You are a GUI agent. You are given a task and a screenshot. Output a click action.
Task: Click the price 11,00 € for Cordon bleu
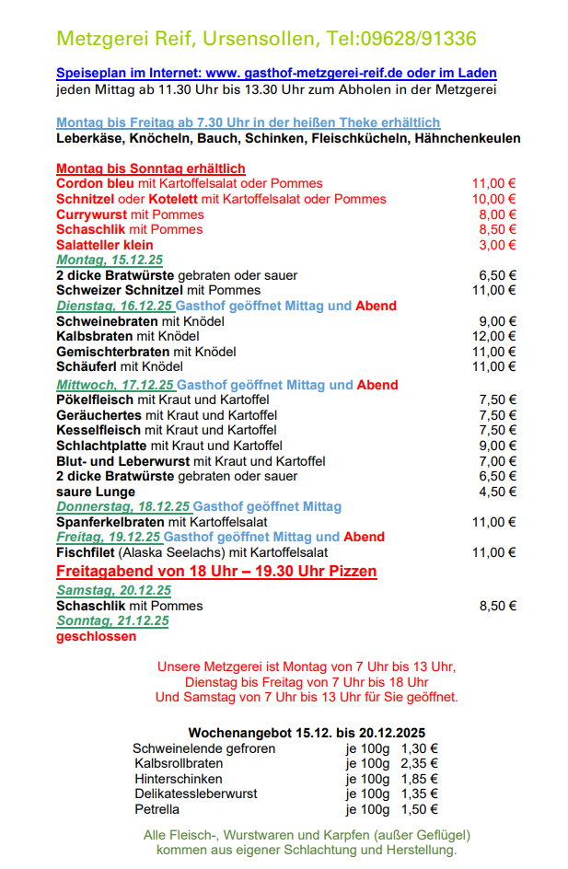coord(494,184)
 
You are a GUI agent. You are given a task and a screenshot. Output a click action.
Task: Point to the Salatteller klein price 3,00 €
coord(497,245)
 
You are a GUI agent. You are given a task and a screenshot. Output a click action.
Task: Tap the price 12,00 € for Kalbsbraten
coord(494,337)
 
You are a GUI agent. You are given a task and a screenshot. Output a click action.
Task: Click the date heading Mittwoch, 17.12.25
coord(114,385)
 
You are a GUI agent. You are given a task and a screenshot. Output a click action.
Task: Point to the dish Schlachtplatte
coord(101,446)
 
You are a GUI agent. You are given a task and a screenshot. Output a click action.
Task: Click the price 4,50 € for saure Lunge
coord(498,492)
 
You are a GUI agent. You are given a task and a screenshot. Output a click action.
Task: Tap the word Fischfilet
coord(86,552)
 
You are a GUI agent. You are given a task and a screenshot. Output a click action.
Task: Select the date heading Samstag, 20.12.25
coord(113,590)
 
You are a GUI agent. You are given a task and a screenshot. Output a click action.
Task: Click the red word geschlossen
coord(96,636)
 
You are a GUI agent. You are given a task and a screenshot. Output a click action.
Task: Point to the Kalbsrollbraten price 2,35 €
coord(419,764)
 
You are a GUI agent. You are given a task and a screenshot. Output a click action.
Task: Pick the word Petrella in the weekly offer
coord(156,809)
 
